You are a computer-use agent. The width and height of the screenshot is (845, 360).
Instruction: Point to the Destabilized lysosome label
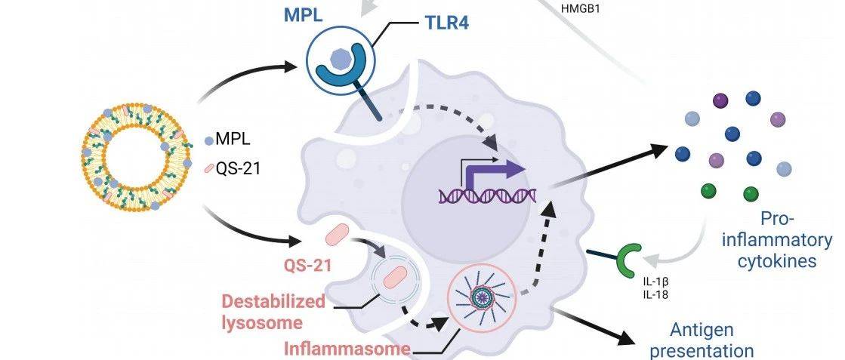(x=273, y=312)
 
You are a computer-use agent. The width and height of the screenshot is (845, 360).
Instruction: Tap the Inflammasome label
(x=347, y=349)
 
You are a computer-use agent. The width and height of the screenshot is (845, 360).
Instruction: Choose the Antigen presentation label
(x=712, y=340)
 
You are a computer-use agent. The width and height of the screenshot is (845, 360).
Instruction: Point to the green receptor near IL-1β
(x=628, y=259)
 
